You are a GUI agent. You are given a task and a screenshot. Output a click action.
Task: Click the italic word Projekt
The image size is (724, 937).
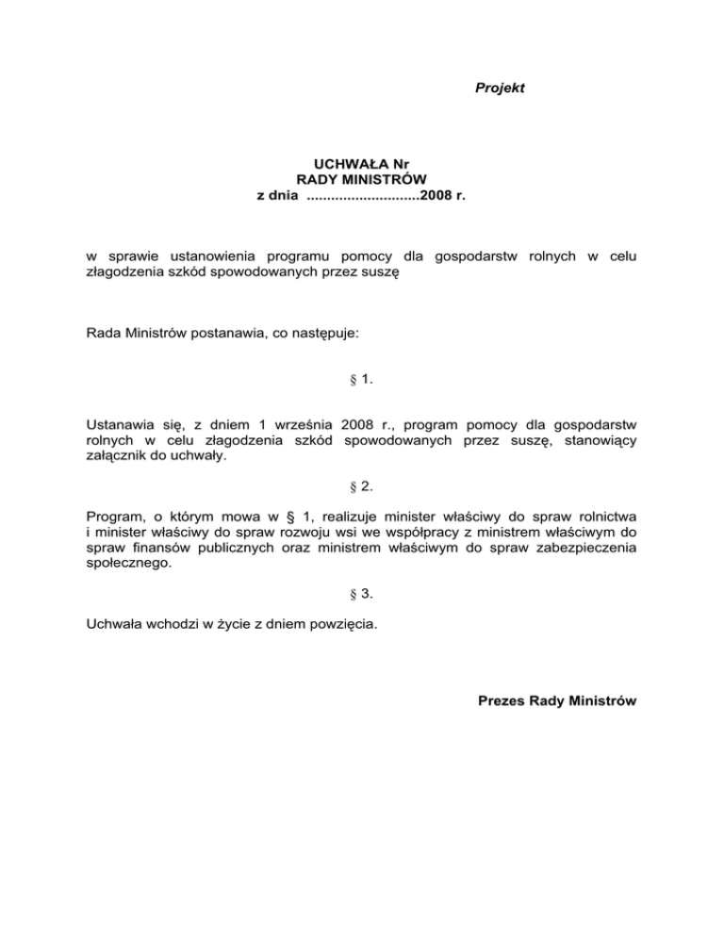499,88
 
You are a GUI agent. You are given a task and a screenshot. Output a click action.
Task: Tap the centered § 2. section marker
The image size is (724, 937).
361,486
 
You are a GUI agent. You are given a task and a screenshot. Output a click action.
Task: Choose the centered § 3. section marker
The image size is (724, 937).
361,593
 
